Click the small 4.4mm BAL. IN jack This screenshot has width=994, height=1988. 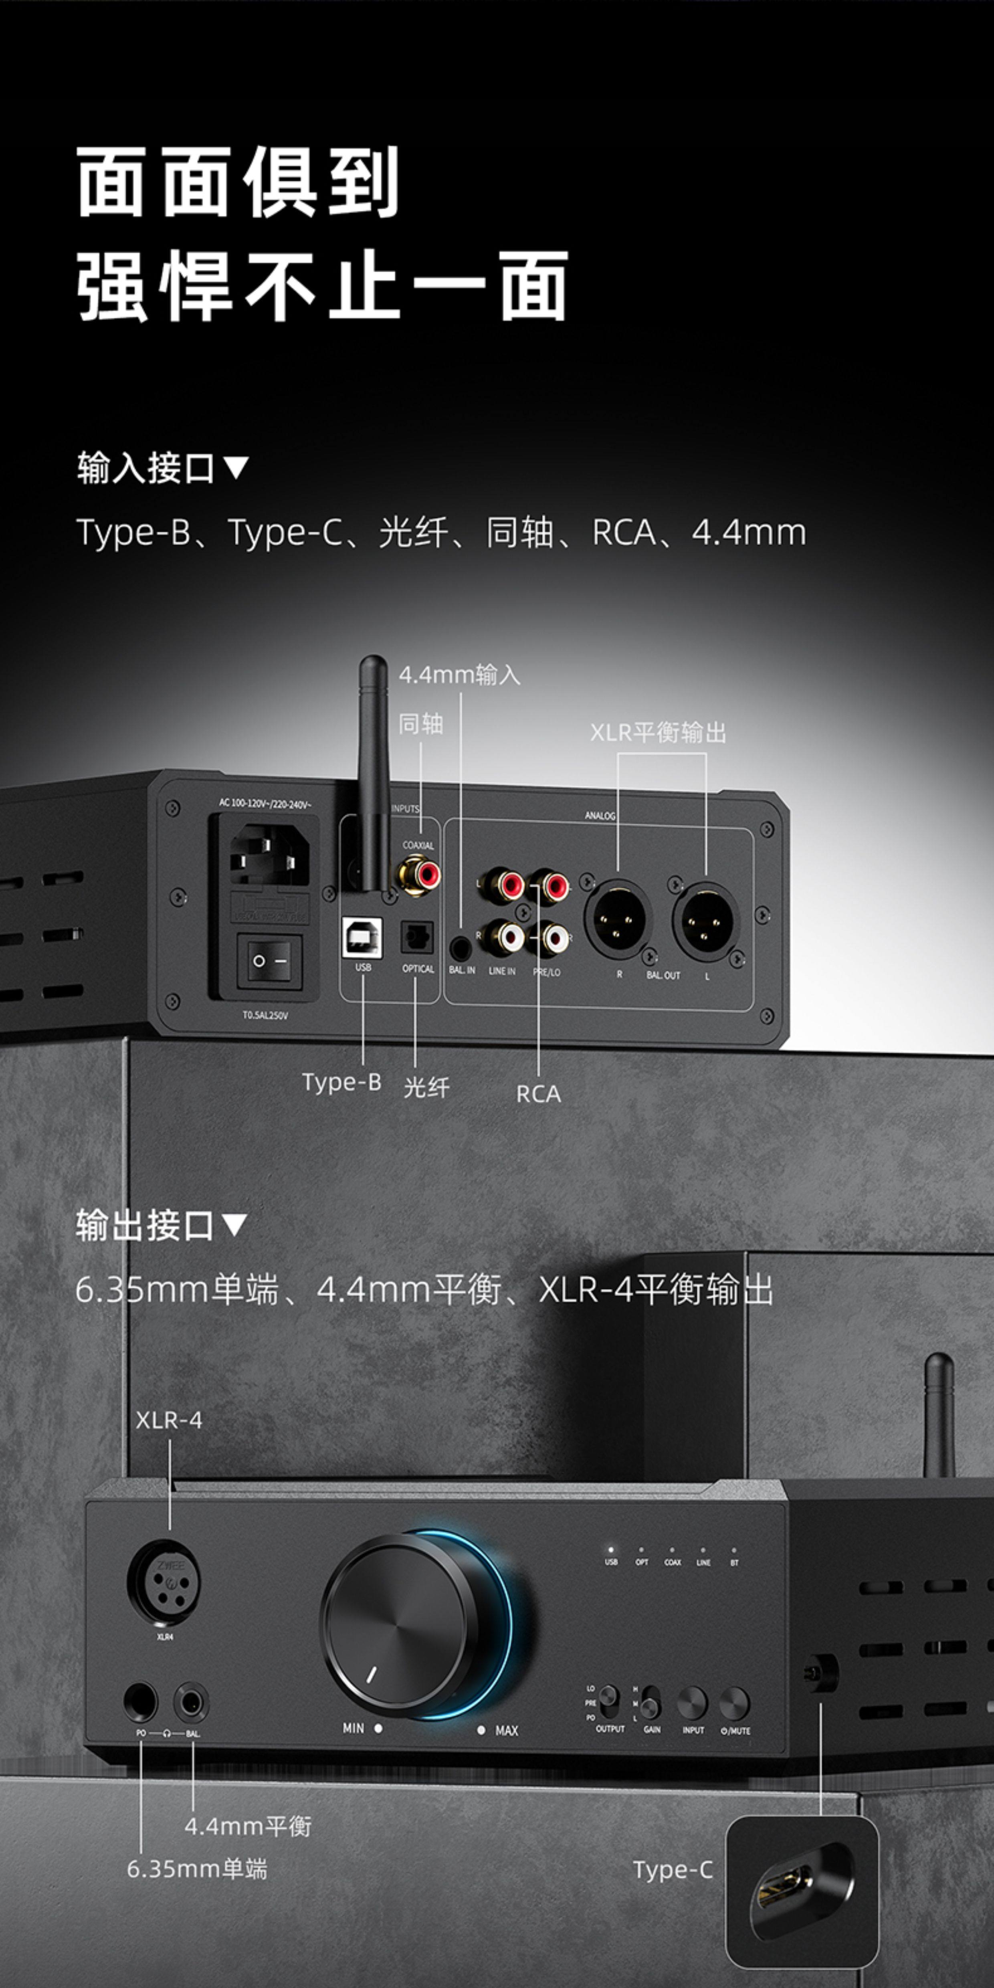[461, 945]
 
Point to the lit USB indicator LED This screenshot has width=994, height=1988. [610, 1549]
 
